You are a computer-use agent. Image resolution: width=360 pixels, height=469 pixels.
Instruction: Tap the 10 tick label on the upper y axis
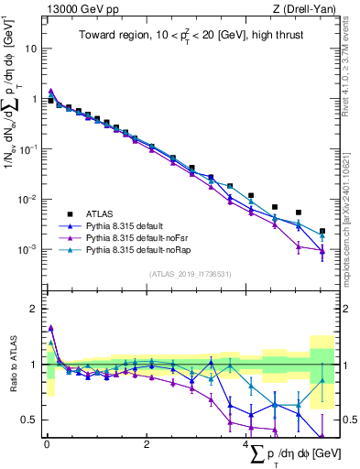pyautogui.click(x=30, y=49)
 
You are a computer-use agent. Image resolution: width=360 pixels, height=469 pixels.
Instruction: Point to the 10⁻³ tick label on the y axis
pyautogui.click(x=27, y=249)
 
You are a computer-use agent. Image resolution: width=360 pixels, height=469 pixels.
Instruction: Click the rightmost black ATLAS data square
pyautogui.click(x=322, y=232)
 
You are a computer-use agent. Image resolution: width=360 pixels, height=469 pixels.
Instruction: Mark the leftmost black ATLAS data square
pyautogui.click(x=50, y=100)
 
